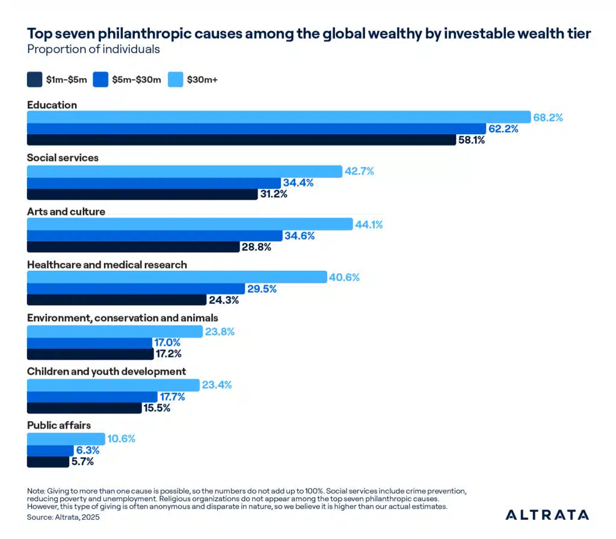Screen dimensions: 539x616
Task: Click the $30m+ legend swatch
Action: (177, 79)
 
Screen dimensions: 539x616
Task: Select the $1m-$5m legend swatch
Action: (35, 79)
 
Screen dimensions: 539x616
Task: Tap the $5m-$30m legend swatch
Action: (101, 79)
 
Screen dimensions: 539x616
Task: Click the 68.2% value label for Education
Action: (547, 117)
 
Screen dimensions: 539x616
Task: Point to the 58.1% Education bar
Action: (241, 140)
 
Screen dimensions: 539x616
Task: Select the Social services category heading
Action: (63, 158)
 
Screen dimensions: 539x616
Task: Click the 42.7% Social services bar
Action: (184, 171)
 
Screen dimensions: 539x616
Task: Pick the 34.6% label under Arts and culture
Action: (300, 236)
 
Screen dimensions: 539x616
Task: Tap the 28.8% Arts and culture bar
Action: (133, 247)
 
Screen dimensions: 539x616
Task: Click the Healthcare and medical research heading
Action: (107, 265)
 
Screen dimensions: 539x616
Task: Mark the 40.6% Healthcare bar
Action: (177, 277)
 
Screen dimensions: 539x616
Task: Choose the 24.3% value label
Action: (224, 300)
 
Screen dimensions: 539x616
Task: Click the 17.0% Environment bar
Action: (90, 342)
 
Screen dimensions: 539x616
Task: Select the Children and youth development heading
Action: (106, 371)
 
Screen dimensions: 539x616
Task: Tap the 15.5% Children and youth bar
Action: (84, 408)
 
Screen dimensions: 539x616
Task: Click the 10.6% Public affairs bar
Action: (66, 439)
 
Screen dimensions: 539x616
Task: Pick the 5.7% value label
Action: (82, 461)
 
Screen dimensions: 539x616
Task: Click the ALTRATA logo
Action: (547, 514)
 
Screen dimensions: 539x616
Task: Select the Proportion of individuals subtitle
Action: (93, 49)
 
